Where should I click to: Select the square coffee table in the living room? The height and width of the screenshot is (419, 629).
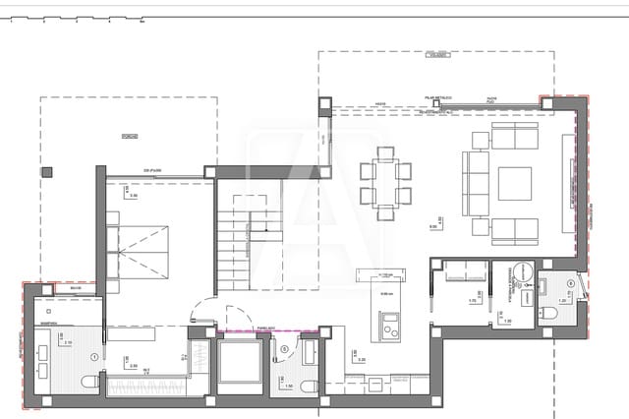[514, 183]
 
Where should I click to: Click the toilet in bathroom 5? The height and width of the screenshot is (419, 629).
[307, 386]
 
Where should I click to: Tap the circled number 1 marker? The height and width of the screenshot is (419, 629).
[94, 356]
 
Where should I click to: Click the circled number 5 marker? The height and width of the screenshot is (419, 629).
[285, 347]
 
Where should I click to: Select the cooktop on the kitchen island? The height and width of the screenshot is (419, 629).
[387, 322]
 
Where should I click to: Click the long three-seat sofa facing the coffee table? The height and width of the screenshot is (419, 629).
[476, 183]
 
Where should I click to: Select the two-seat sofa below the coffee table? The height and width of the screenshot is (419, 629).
[511, 229]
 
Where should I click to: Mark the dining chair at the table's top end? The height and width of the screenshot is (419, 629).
[385, 152]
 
